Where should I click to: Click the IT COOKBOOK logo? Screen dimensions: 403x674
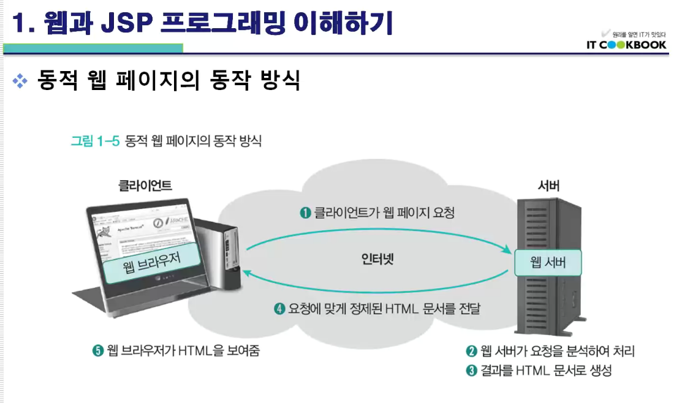pos(626,44)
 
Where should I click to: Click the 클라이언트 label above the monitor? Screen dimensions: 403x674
pos(145,185)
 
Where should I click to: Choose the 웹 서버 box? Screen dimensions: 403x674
pos(547,263)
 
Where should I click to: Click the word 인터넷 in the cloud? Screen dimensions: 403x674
pos(377,258)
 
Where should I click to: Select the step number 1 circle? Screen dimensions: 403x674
pos(305,213)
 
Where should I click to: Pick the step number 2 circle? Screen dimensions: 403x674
pos(471,352)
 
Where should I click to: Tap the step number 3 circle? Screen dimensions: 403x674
pos(471,371)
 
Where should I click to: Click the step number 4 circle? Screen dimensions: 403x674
pos(279,309)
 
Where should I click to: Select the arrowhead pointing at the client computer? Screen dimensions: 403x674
pos(247,272)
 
